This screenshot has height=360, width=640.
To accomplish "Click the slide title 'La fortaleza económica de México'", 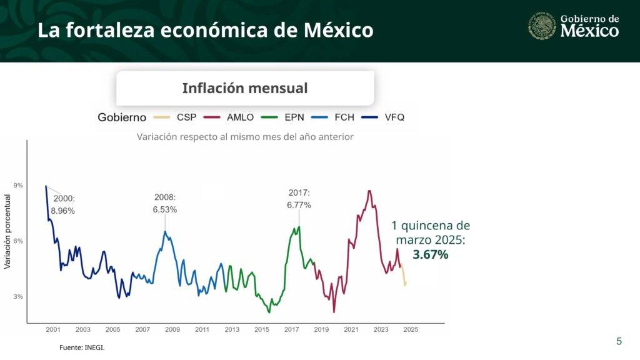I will (205, 30).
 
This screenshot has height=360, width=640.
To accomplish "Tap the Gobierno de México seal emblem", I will (542, 26).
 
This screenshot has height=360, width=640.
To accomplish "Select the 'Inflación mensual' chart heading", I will (245, 88).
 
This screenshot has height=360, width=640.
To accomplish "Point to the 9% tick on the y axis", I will (18, 186).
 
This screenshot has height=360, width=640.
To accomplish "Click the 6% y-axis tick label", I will (18, 241).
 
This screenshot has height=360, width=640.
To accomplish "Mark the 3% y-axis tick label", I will (18, 297).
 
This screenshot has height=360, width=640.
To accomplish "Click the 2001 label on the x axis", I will (53, 329).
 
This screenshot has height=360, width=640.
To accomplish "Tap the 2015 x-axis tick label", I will (262, 329).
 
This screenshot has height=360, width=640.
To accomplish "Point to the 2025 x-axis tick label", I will (411, 329).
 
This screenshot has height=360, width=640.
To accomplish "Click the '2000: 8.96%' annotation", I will (62, 205).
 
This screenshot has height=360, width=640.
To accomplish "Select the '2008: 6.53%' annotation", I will (165, 204).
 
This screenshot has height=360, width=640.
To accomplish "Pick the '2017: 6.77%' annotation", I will (299, 199).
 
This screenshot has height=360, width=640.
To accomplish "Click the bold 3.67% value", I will (431, 254).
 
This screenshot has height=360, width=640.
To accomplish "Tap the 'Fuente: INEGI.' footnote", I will (82, 347).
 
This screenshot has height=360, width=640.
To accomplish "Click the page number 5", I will (619, 341).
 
